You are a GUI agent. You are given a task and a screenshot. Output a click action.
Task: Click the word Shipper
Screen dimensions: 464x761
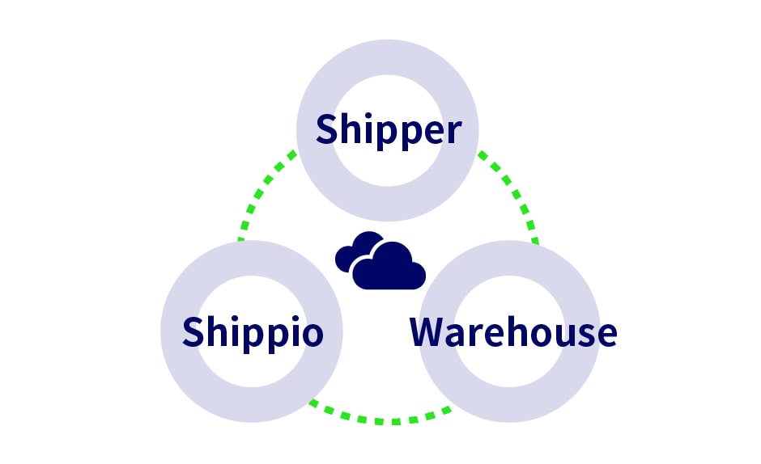tap(389, 130)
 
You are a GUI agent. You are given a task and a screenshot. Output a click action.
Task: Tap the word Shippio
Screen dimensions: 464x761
tap(253, 332)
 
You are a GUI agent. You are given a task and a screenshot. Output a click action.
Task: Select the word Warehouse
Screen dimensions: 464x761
tap(513, 332)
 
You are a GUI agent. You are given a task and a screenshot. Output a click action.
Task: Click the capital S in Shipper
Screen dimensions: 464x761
tap(327, 130)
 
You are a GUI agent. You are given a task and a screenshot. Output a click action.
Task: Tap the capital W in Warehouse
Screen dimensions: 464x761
tap(429, 332)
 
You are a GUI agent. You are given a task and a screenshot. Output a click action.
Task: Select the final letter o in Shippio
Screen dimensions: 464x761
tap(312, 335)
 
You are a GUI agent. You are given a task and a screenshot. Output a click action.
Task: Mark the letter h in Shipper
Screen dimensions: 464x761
tap(352, 129)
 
